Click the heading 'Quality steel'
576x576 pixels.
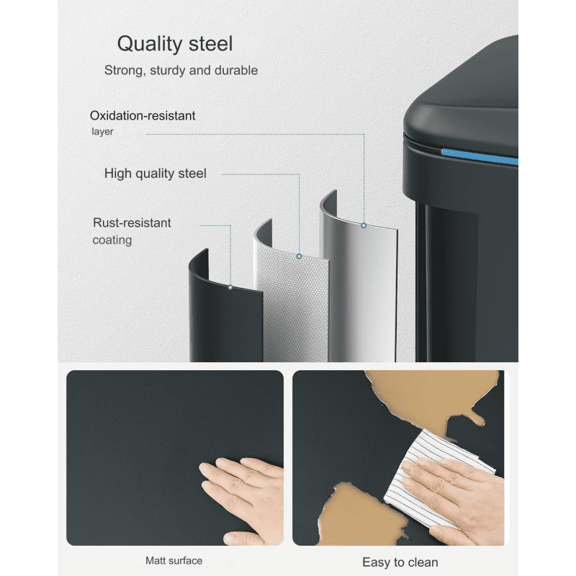[x=175, y=44]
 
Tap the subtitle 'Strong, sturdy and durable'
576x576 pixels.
[x=181, y=70]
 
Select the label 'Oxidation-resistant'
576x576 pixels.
[x=143, y=116]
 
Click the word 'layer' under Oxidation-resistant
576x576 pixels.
[x=102, y=132]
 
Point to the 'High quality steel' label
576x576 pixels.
[x=156, y=174]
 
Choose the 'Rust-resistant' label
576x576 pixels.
[x=132, y=222]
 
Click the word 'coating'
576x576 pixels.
[x=112, y=240]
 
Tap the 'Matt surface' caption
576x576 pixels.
[x=174, y=561]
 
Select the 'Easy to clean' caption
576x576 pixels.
[x=400, y=562]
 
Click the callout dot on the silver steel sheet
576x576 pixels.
[x=364, y=225]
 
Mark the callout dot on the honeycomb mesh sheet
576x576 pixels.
[x=299, y=256]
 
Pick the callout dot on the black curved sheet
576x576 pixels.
[x=230, y=287]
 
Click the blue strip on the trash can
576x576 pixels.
[x=480, y=157]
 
